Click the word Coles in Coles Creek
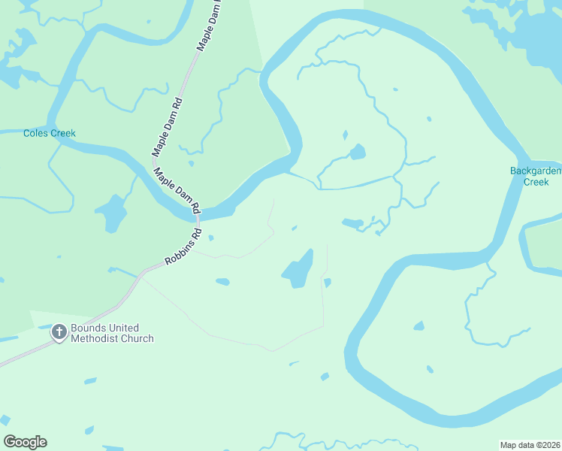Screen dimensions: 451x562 pyautogui.click(x=35, y=134)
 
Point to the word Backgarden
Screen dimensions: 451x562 pyautogui.click(x=536, y=171)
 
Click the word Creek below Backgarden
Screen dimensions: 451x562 pyautogui.click(x=536, y=181)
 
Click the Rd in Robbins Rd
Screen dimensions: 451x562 pyautogui.click(x=198, y=234)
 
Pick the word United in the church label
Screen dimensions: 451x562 pyautogui.click(x=123, y=328)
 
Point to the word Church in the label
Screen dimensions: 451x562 pyautogui.click(x=139, y=339)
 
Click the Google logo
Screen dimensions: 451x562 pyautogui.click(x=25, y=442)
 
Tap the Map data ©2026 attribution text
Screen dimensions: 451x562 pyautogui.click(x=530, y=444)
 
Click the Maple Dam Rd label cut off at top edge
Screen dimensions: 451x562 pyautogui.click(x=211, y=26)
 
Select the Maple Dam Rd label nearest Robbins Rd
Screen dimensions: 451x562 pyautogui.click(x=177, y=189)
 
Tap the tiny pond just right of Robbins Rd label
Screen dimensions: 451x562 pyautogui.click(x=210, y=238)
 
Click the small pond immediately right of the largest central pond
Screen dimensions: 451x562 pyautogui.click(x=327, y=283)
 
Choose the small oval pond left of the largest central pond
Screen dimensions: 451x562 pyautogui.click(x=222, y=283)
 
